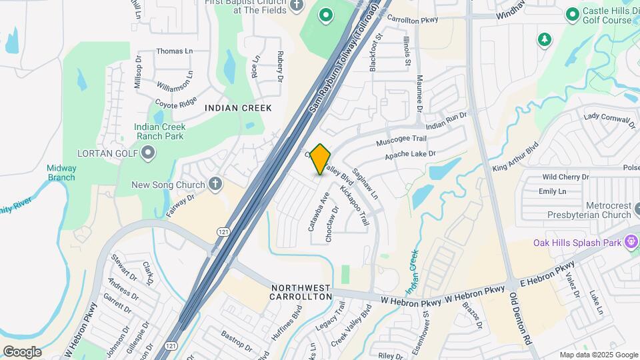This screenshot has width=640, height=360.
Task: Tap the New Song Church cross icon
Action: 215,185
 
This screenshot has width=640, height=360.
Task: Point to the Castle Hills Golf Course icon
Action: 572,14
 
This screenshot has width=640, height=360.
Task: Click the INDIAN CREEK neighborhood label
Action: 238,108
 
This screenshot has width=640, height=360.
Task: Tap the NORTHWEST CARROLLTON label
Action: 301,292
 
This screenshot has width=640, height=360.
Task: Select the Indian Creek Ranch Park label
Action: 159,131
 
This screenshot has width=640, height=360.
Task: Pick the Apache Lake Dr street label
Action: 410,155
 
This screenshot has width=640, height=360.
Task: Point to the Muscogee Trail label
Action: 401,139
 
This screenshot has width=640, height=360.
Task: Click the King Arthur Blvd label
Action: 515,159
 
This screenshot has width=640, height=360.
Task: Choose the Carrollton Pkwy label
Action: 412,20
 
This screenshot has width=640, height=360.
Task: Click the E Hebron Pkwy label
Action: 551,275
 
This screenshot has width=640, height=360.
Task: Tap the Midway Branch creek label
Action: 61,173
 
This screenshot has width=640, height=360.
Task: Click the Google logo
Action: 22,351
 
